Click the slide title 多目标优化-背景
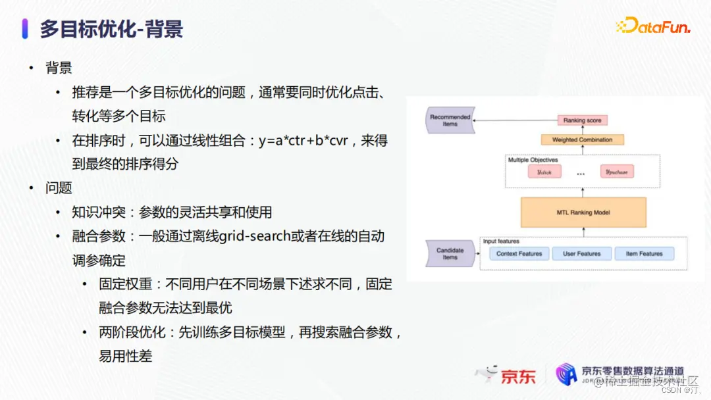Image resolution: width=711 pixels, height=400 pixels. [111, 29]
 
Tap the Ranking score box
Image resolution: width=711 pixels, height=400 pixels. [582, 120]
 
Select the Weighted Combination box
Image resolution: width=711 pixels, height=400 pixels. [582, 140]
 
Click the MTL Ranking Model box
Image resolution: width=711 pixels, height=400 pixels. [583, 212]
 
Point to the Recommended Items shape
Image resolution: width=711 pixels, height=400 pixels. [450, 120]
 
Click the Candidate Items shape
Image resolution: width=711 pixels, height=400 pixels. [450, 253]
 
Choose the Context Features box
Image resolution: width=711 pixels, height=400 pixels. [519, 254]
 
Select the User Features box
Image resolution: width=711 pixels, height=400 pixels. [582, 254]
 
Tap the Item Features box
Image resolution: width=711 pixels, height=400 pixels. [644, 254]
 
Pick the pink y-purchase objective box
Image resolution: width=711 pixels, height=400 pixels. [616, 172]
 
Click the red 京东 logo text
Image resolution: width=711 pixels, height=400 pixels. [518, 376]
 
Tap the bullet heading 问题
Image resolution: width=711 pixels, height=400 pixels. [59, 188]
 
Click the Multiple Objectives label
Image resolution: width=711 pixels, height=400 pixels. [533, 160]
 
